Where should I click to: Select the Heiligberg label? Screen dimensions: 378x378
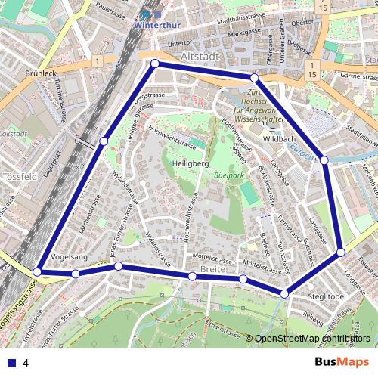pyautogui.click(x=189, y=163)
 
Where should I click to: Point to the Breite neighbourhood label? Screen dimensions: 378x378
pyautogui.click(x=214, y=268)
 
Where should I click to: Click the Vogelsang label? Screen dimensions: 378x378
pyautogui.click(x=69, y=257)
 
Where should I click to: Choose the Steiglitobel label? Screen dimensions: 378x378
pyautogui.click(x=327, y=296)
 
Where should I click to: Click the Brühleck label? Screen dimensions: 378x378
pyautogui.click(x=42, y=74)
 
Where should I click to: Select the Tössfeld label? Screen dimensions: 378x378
pyautogui.click(x=19, y=176)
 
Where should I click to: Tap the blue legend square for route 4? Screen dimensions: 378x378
pyautogui.click(x=8, y=363)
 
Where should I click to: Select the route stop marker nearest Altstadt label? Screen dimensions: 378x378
pyautogui.click(x=155, y=64)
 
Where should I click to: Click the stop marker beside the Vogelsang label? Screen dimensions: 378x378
pyautogui.click(x=76, y=274)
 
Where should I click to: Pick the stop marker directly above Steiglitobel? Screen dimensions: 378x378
pyautogui.click(x=284, y=293)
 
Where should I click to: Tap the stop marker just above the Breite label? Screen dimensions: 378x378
pyautogui.click(x=192, y=277)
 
